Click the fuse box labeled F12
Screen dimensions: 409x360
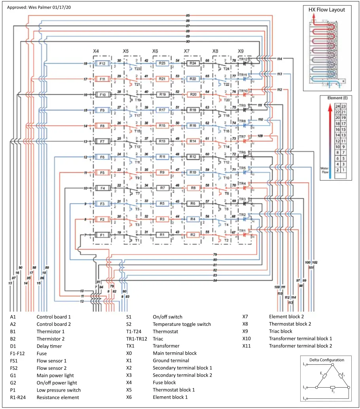click(102, 63)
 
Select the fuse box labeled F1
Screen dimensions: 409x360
click(102, 235)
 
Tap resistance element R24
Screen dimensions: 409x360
click(193, 63)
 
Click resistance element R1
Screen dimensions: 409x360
click(162, 235)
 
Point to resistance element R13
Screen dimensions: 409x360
click(162, 141)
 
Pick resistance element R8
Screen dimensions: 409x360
click(193, 188)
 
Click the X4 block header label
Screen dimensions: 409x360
click(96, 51)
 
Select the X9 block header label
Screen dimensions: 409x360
click(241, 51)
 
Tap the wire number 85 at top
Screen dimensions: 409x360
click(188, 15)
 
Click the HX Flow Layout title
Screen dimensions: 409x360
click(326, 10)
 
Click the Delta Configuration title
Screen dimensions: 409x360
click(326, 360)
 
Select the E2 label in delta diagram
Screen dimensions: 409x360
click(333, 391)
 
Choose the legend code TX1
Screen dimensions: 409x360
click(131, 346)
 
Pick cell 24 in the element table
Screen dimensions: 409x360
click(337, 106)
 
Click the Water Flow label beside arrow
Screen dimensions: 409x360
click(324, 171)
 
